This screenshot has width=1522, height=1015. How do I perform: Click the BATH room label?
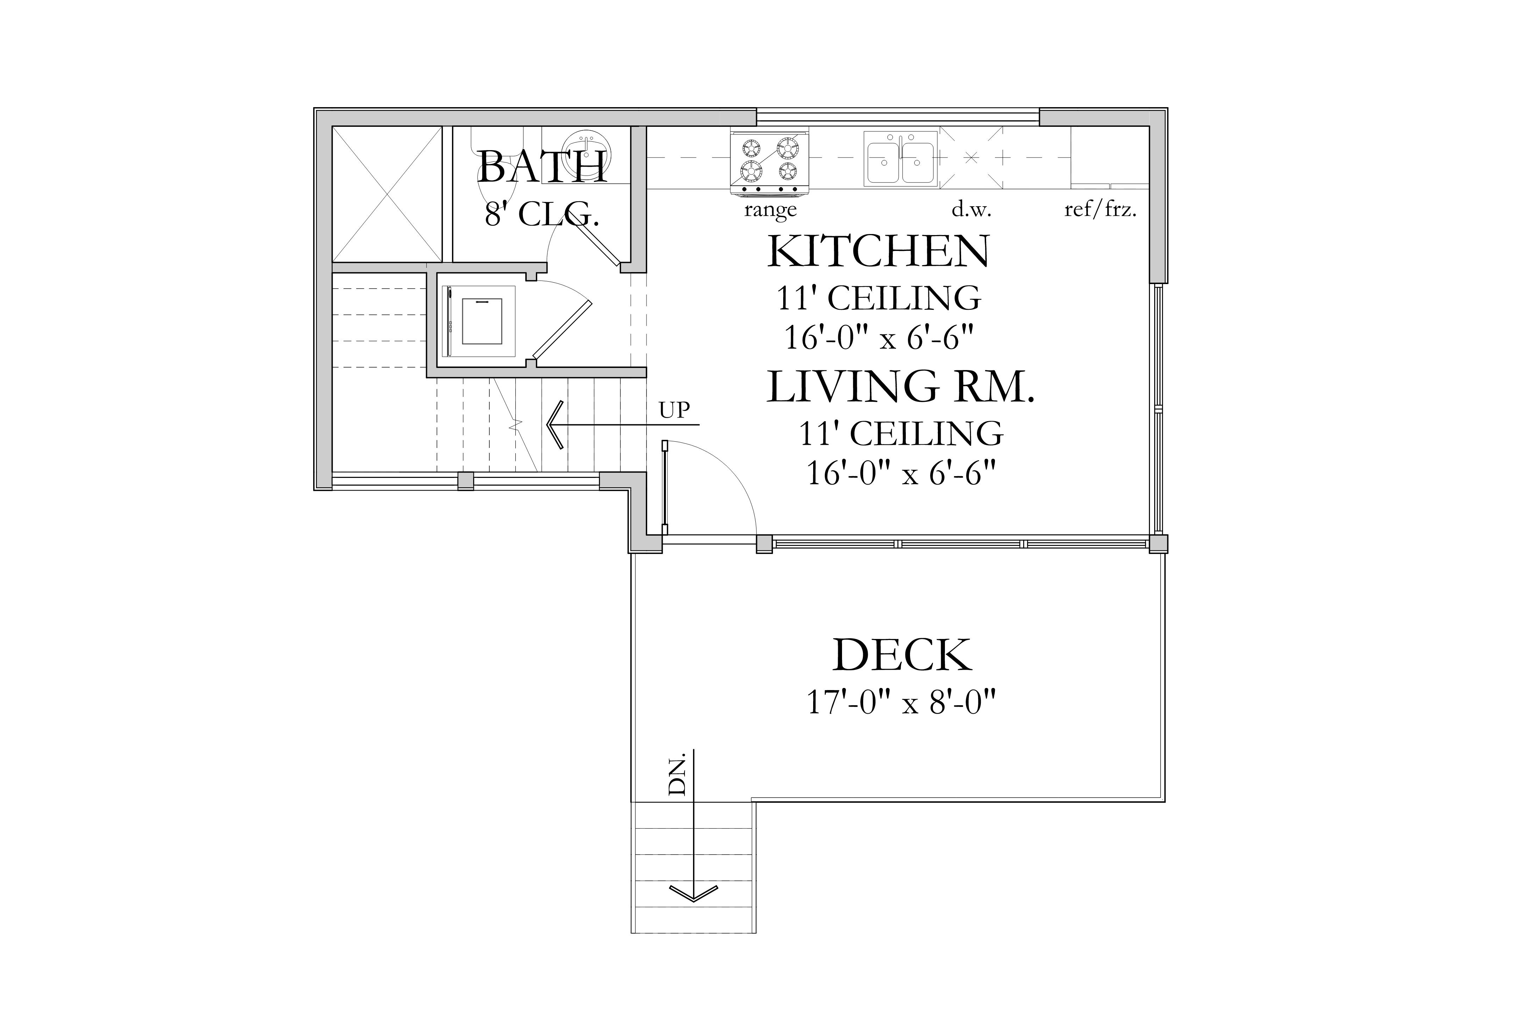pos(542,167)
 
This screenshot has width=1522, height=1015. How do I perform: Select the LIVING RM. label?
pos(901,387)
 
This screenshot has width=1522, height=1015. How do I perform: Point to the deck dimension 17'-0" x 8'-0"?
pos(901,702)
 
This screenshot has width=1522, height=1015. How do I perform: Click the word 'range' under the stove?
pos(770,210)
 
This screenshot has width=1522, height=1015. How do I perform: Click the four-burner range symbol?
pos(769,162)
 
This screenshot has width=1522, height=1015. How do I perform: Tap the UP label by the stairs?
pos(674,410)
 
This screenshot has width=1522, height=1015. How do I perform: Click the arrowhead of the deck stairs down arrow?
pos(693,894)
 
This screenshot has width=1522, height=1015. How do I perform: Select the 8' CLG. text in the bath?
pos(542,214)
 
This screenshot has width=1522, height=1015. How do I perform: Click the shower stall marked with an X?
pos(387,194)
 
